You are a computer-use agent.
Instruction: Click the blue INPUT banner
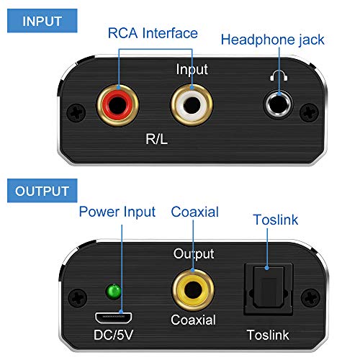42,21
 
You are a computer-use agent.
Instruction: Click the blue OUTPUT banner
42,191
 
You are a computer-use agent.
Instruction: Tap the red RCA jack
117,105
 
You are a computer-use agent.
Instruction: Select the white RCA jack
192,105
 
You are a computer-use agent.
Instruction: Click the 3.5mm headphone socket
279,104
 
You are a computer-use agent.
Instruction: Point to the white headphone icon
279,76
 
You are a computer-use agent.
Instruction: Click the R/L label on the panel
156,139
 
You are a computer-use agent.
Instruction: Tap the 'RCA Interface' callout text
153,33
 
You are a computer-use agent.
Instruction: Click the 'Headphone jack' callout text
273,40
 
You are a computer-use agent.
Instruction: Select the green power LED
113,292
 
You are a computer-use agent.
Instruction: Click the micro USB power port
113,318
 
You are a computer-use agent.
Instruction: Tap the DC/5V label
113,335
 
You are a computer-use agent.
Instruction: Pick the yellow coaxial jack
193,290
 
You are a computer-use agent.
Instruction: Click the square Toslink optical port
268,289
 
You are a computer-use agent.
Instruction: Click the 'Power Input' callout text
117,212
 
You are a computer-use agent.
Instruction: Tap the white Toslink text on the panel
268,335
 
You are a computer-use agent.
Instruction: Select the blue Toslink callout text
276,220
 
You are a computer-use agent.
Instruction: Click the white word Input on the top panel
192,70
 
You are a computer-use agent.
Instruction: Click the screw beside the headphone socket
310,112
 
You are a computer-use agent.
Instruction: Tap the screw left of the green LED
77,298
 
